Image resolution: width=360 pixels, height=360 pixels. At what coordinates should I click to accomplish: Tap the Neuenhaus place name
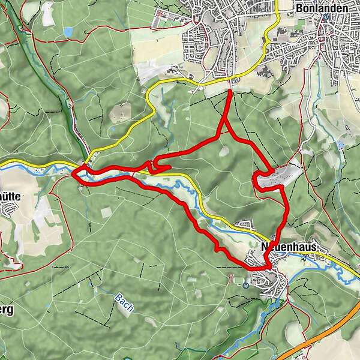pyautogui.click(x=288, y=247)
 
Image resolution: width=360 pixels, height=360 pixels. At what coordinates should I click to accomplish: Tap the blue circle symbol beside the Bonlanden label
pyautogui.click(x=325, y=17)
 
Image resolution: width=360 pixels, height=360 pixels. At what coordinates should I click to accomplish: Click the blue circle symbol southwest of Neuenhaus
pyautogui.click(x=246, y=286)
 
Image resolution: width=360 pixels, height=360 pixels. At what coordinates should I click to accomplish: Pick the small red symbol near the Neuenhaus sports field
pyautogui.click(x=232, y=277)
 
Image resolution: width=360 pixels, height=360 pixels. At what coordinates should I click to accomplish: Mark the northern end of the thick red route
pyautogui.click(x=231, y=91)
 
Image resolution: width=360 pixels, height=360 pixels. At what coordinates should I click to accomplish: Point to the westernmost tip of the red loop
pyautogui.click(x=73, y=174)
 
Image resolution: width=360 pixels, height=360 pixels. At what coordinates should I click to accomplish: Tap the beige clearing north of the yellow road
pyautogui.click(x=121, y=112)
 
